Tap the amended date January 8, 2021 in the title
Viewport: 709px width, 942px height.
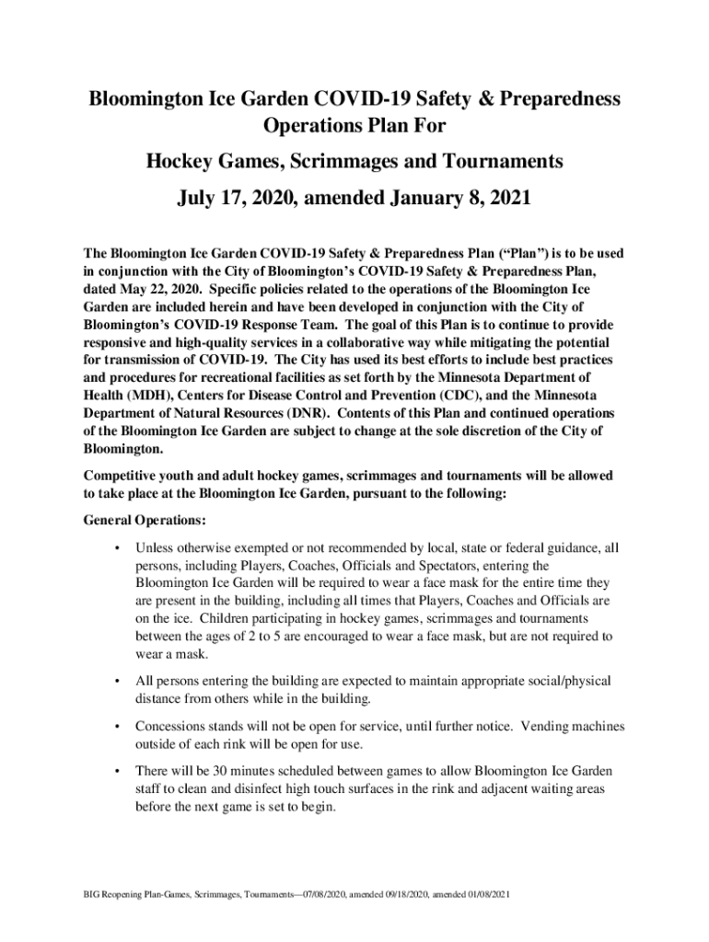tap(447, 199)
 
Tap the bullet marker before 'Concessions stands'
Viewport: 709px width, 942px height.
tap(116, 727)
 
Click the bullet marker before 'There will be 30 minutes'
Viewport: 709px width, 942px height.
tap(116, 771)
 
